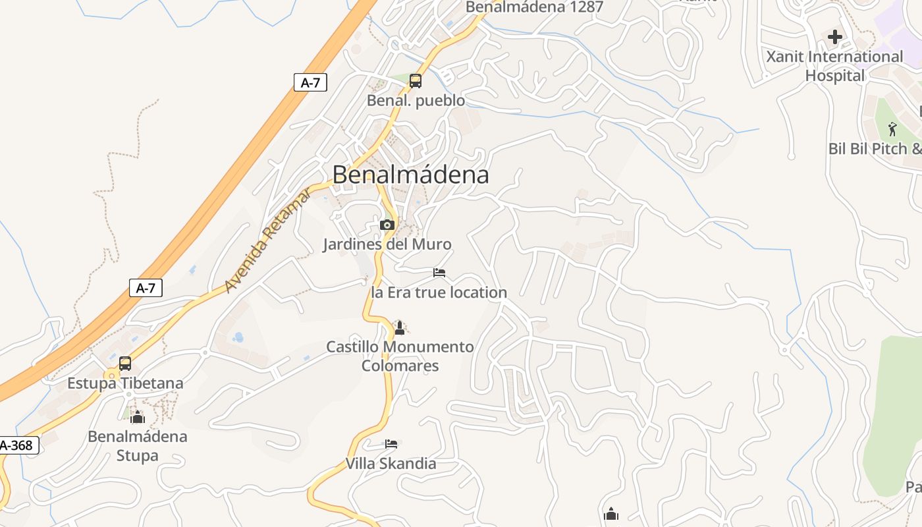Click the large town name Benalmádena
click(x=410, y=175)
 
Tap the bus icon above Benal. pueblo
click(x=416, y=81)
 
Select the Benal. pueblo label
click(x=416, y=101)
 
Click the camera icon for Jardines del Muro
click(x=387, y=225)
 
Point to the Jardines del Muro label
click(x=387, y=244)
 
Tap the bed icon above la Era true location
click(x=439, y=273)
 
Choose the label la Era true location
click(x=439, y=292)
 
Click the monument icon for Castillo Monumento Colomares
click(x=399, y=327)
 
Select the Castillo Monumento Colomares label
click(x=400, y=356)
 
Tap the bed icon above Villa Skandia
click(x=391, y=444)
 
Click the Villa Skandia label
click(x=391, y=464)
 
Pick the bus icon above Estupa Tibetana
click(x=125, y=364)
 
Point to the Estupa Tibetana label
click(x=125, y=383)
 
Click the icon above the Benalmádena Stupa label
click(x=138, y=417)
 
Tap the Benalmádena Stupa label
click(x=138, y=446)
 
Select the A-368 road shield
click(x=16, y=446)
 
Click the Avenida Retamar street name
click(x=267, y=240)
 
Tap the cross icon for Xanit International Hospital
click(x=835, y=37)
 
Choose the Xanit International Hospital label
click(x=834, y=66)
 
